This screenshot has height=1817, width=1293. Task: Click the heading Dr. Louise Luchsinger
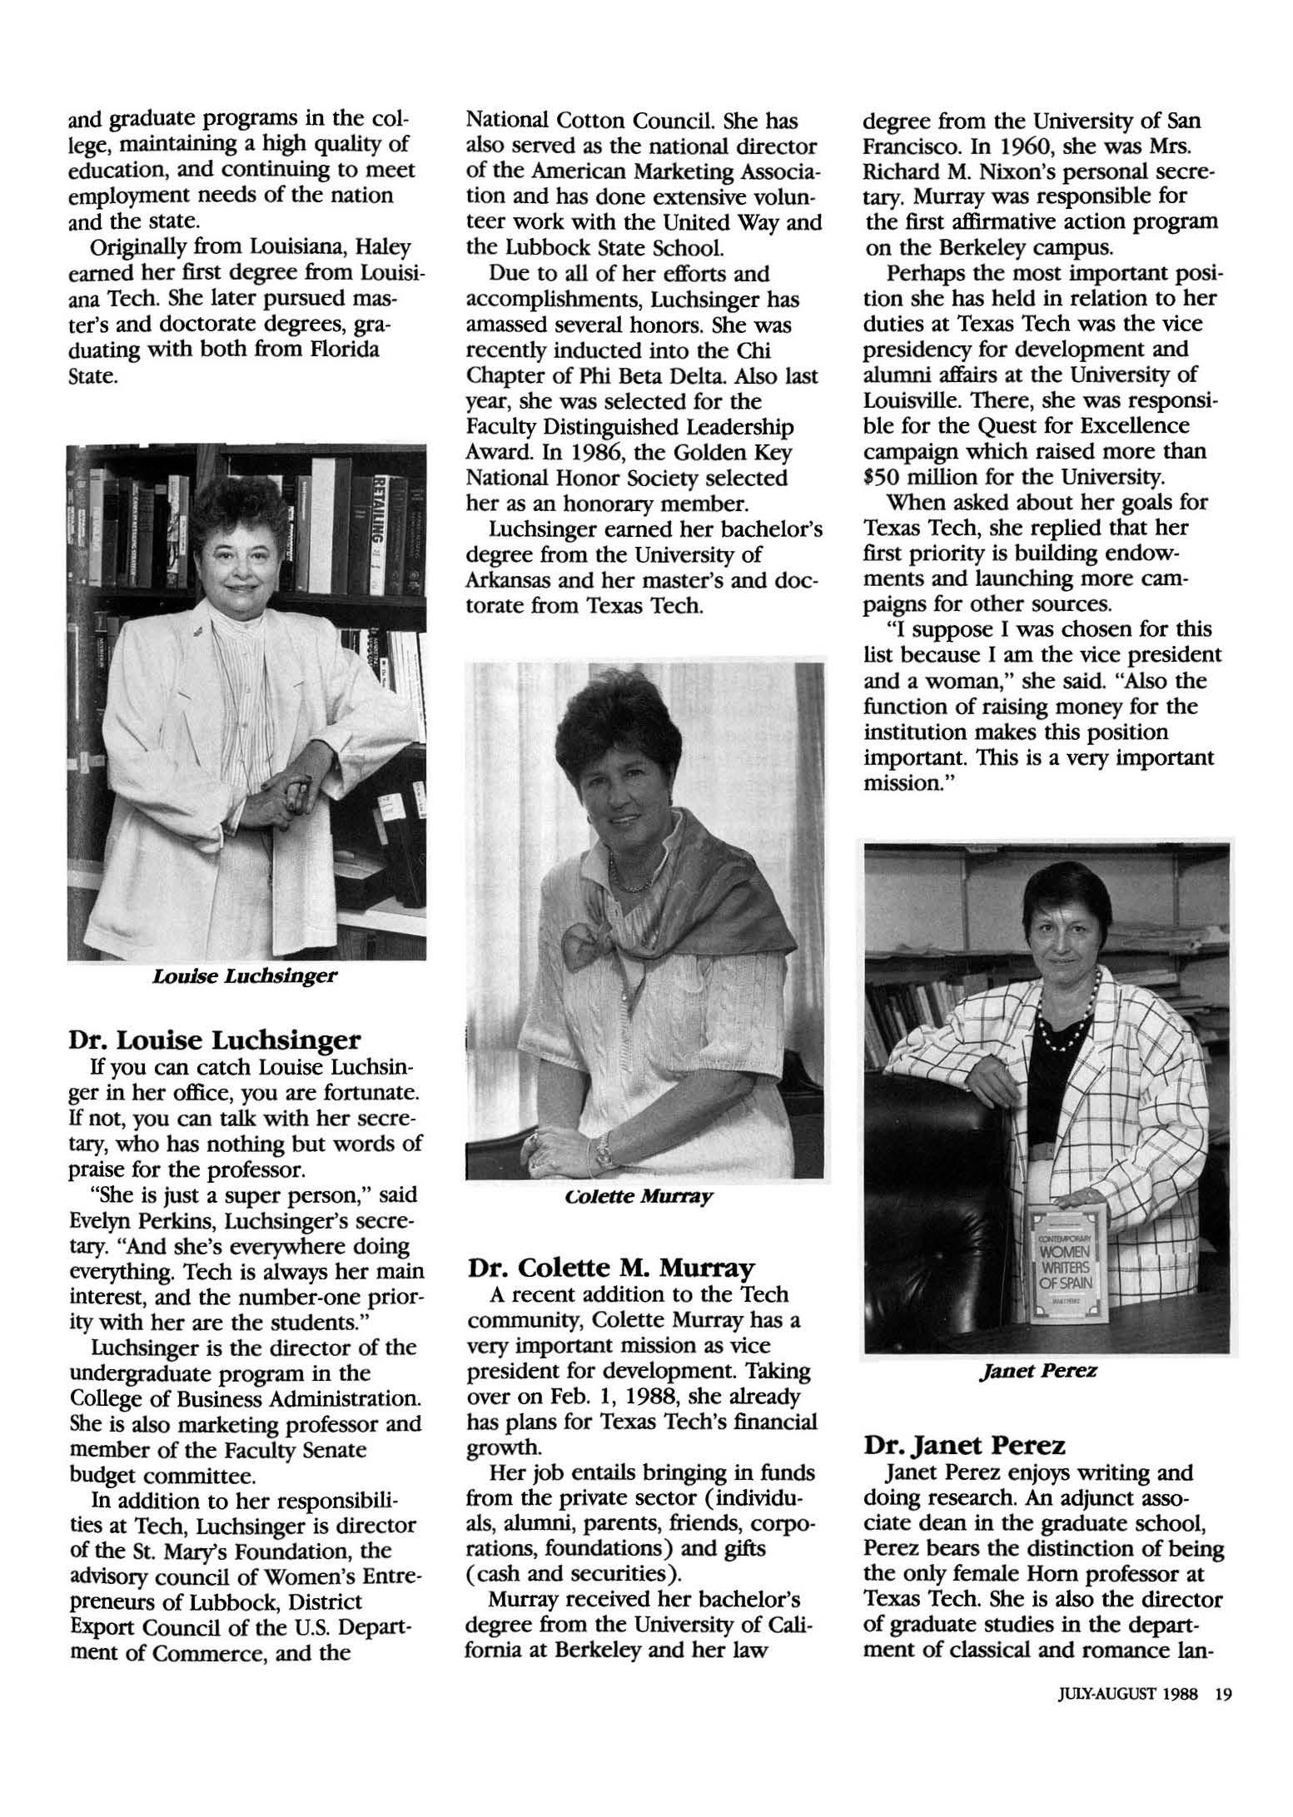[215, 1040]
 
